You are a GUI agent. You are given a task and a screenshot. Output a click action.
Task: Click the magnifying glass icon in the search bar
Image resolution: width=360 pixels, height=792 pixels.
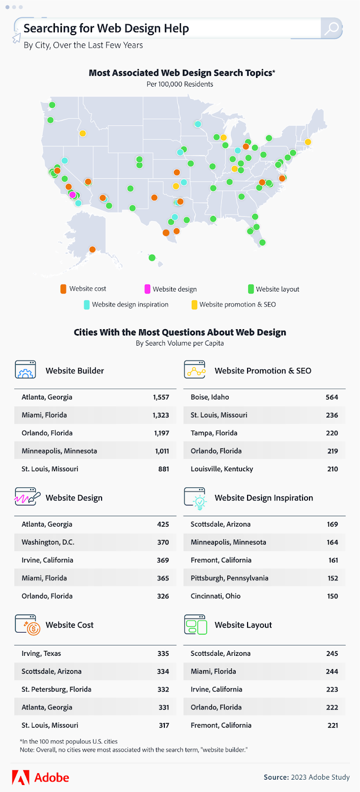[x=331, y=28]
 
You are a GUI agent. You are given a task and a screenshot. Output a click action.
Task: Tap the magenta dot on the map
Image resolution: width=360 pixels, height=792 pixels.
[x=72, y=195]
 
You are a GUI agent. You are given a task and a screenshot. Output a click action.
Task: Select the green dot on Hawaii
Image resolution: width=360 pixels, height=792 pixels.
[x=152, y=257]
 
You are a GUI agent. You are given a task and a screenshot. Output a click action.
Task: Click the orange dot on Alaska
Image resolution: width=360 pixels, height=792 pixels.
[x=92, y=249]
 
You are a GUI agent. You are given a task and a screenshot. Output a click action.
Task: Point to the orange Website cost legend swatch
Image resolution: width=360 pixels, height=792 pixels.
[x=63, y=289]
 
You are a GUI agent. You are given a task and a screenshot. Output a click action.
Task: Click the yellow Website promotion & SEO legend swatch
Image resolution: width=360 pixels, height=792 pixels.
[x=195, y=304]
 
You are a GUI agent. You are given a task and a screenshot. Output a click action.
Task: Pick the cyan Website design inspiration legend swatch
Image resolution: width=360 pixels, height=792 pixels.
[x=87, y=304]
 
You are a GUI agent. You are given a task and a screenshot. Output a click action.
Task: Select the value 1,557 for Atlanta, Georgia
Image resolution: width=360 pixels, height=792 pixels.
[x=161, y=397]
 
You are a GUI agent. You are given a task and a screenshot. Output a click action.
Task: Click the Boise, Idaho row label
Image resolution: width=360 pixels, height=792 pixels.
[x=210, y=397]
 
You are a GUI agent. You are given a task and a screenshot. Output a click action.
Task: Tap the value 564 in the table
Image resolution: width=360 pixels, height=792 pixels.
[x=332, y=397]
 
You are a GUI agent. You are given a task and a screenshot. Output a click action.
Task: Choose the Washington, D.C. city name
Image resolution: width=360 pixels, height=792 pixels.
[x=48, y=542]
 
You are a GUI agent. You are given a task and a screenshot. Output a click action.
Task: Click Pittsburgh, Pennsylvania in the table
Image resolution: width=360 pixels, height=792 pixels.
[x=229, y=578]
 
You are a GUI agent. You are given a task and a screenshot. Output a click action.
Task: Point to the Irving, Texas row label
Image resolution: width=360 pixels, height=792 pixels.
[x=41, y=653]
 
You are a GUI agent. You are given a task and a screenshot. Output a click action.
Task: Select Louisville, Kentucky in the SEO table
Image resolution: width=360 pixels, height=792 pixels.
[x=222, y=469]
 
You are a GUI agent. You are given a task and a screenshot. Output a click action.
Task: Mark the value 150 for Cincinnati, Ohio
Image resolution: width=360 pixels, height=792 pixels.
[x=332, y=596]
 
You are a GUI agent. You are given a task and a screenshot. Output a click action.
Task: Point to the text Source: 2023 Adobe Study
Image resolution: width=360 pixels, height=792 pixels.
[x=307, y=777]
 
